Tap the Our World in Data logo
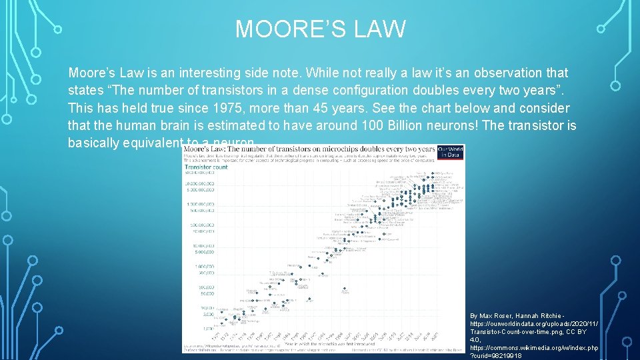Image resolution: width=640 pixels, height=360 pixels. point(451,151)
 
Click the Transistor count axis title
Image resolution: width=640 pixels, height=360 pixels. point(206,167)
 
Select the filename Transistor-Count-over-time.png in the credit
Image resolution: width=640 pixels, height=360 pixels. point(514,331)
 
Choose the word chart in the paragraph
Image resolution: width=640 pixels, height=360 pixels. point(424,108)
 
